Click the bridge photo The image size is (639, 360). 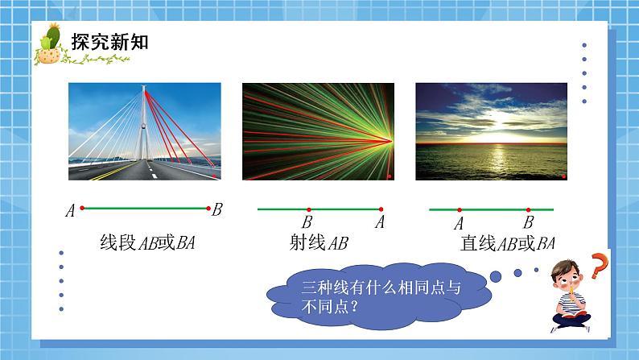click(145, 131)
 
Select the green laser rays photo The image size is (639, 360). click(318, 131)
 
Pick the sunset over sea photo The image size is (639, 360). click(491, 131)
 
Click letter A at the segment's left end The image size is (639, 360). click(71, 211)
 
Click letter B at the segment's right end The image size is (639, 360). click(216, 210)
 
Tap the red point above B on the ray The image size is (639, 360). click(308, 209)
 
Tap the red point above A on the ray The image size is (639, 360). click(379, 209)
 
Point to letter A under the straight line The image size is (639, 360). click(459, 223)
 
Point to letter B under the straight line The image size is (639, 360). click(528, 222)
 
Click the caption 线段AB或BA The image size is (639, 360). click(147, 243)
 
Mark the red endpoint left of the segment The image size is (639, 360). click(82, 209)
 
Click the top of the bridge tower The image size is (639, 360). click(145, 88)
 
